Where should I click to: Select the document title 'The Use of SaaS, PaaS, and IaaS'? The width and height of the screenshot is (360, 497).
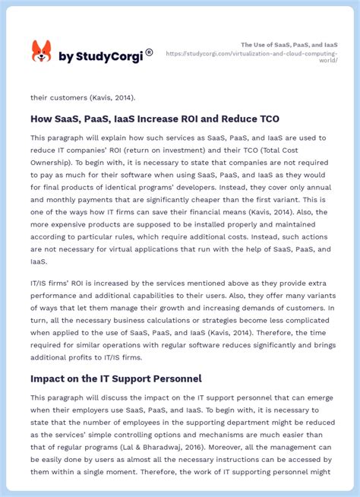click(x=289, y=45)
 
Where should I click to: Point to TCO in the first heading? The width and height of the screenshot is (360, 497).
click(x=267, y=119)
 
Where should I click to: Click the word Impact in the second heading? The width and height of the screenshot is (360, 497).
click(x=49, y=378)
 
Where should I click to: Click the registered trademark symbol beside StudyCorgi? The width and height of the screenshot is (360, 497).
click(x=149, y=52)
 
